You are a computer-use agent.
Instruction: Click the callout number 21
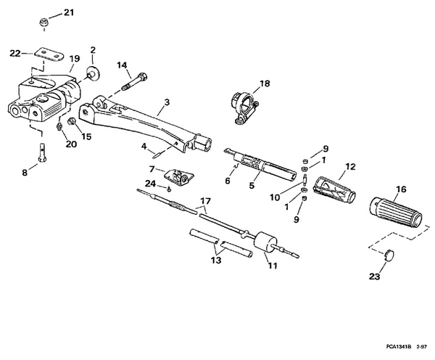click(69, 12)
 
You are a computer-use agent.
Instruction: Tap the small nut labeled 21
click(43, 22)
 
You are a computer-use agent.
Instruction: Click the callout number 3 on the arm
click(167, 103)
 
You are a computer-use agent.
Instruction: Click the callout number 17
click(205, 201)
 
